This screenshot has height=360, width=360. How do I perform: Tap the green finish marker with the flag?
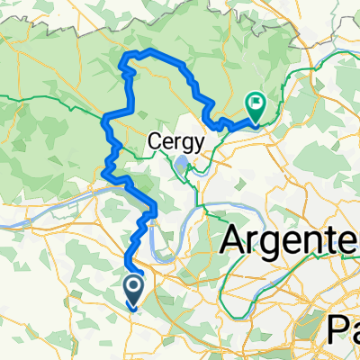256,107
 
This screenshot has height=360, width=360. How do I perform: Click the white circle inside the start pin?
132,286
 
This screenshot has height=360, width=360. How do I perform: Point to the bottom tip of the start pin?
132,307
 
